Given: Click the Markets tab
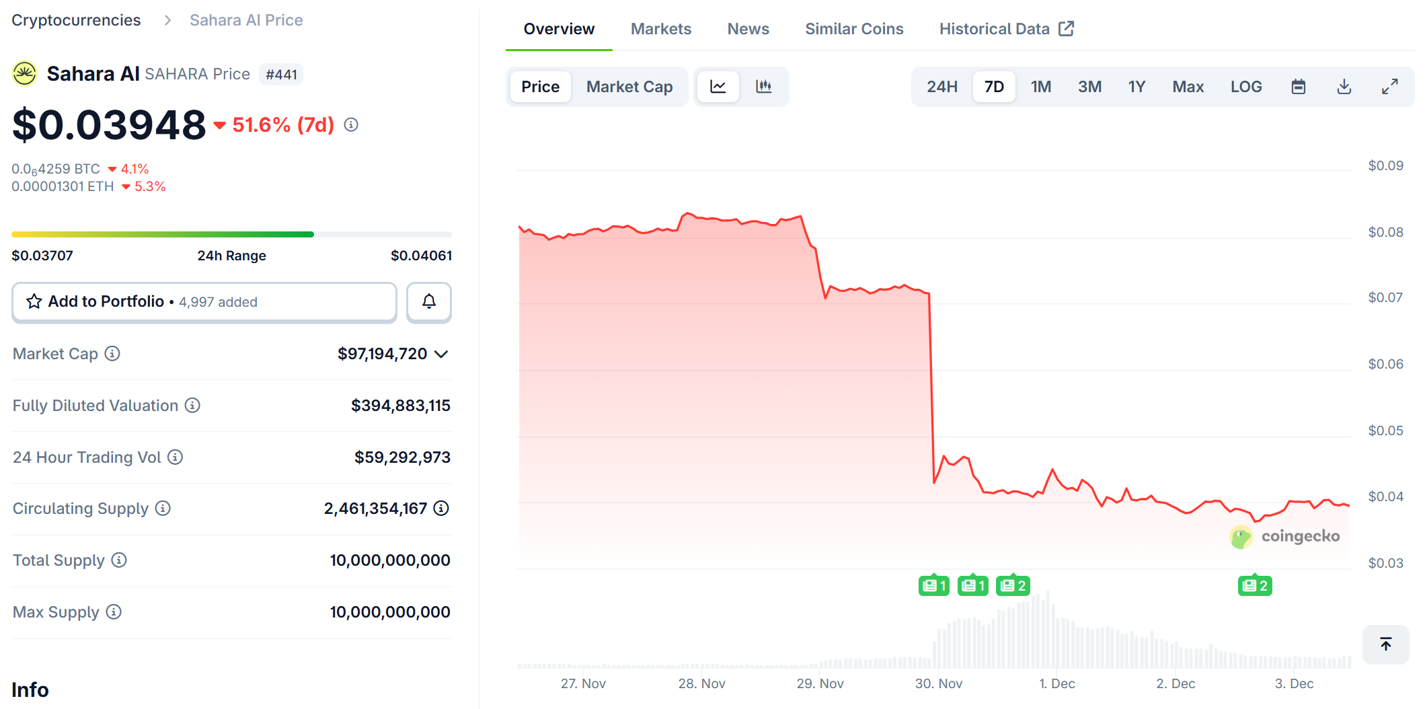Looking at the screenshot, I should (x=660, y=29).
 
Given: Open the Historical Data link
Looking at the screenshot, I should (x=1006, y=29).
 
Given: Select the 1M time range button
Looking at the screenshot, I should (x=1040, y=87).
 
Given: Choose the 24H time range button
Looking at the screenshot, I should (x=941, y=87).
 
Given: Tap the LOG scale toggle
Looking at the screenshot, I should (x=1245, y=87).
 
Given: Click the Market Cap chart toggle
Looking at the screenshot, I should (x=629, y=87).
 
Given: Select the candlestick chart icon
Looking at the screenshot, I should (x=763, y=87).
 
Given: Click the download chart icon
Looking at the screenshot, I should (x=1344, y=87).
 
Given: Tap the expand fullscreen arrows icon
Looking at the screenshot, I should (x=1389, y=87).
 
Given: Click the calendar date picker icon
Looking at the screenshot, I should (x=1298, y=87).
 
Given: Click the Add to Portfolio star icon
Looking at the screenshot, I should (x=34, y=301).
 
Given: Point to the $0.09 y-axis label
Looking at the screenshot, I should (x=1385, y=165).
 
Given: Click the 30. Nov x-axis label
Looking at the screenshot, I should (x=938, y=683).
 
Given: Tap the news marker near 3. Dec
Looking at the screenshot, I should (x=1254, y=586).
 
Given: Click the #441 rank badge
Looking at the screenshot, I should (x=281, y=75).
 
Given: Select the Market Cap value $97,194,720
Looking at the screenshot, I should (x=382, y=354).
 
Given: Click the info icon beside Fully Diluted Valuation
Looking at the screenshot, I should (x=192, y=405).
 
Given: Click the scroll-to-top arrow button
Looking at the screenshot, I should (x=1385, y=644).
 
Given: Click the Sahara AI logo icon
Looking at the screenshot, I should (x=25, y=73).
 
